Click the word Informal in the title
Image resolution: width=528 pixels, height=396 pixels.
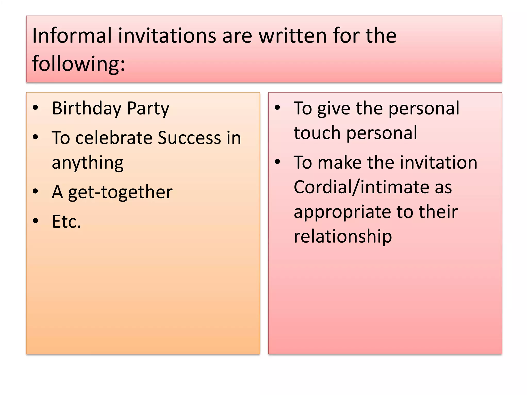[x=72, y=36]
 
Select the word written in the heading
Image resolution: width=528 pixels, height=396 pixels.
[x=293, y=36]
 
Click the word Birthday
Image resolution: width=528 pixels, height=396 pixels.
[x=86, y=108]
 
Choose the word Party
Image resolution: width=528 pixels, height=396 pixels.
[x=148, y=108]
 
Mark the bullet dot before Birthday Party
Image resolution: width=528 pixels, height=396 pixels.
[x=36, y=108]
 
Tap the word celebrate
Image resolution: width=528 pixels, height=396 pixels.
[x=114, y=138]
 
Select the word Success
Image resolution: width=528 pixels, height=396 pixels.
[x=189, y=138]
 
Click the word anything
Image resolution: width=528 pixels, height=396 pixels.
[x=88, y=163]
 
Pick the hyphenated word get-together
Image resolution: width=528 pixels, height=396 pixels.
[x=120, y=192]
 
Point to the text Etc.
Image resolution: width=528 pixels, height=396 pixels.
[x=66, y=221]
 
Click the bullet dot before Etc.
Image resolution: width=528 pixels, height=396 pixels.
[x=36, y=221]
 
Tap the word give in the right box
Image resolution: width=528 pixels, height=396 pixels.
[x=334, y=108]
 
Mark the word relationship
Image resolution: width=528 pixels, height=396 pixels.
[x=343, y=236]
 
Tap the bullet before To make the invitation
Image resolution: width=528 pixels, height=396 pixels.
[x=277, y=162]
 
